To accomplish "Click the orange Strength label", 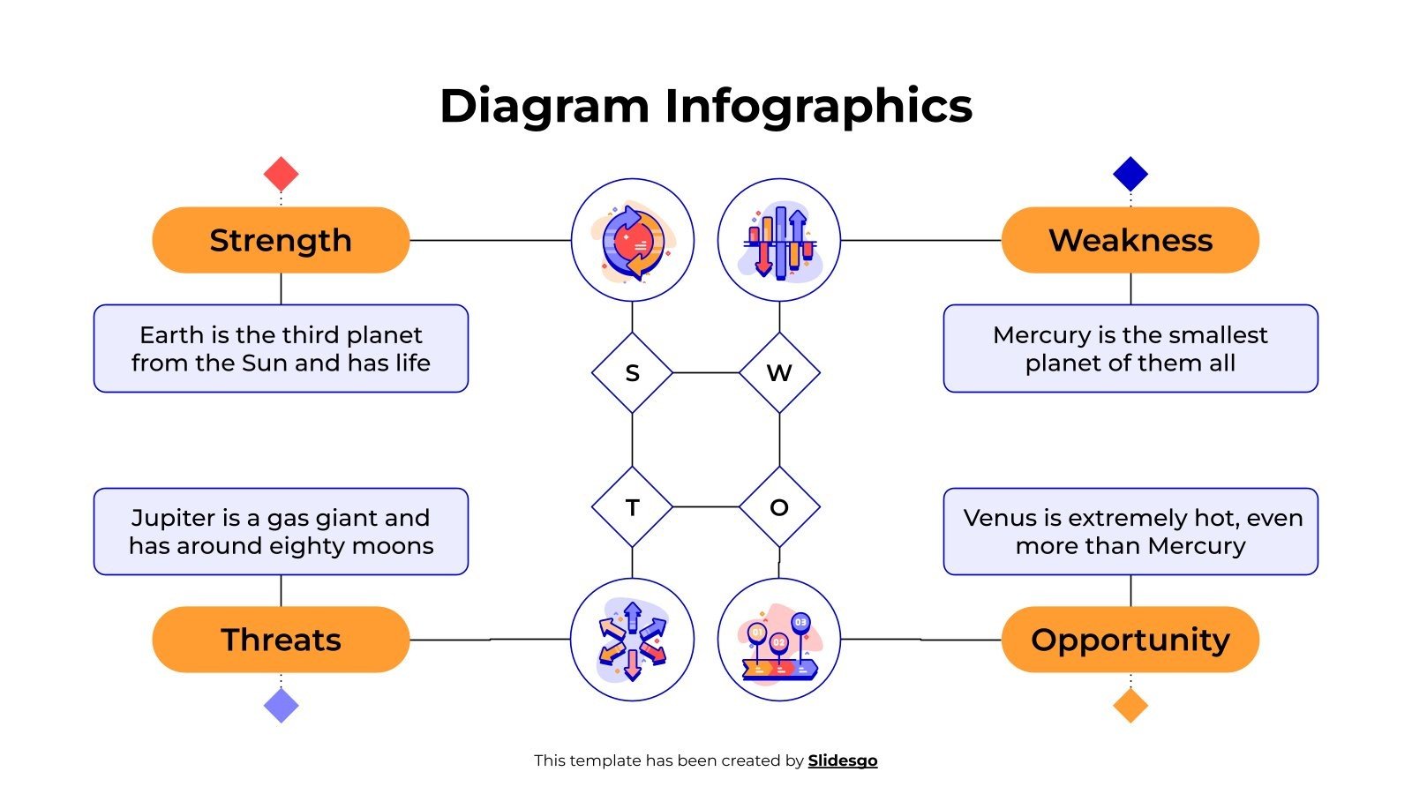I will click(x=281, y=240).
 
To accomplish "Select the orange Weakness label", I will click(x=1130, y=240).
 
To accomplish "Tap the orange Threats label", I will click(x=281, y=640).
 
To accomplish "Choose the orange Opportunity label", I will click(x=1130, y=640).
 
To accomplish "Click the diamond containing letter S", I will click(x=632, y=373).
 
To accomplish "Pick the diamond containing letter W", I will click(x=779, y=373).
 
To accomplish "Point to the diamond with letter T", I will click(x=632, y=507).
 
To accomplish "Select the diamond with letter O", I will click(x=779, y=507).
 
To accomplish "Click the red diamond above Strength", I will click(x=281, y=174).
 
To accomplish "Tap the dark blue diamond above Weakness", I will click(x=1130, y=174).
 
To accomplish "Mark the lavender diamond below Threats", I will click(x=281, y=706).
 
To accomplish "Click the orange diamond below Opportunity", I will click(x=1130, y=706).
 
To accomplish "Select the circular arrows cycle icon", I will click(x=632, y=240).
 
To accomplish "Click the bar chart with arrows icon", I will click(x=779, y=240).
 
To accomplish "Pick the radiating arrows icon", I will click(x=632, y=640).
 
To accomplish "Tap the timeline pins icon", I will click(x=779, y=640).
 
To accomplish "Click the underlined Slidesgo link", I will click(x=843, y=760).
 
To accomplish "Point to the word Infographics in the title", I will click(x=818, y=107).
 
